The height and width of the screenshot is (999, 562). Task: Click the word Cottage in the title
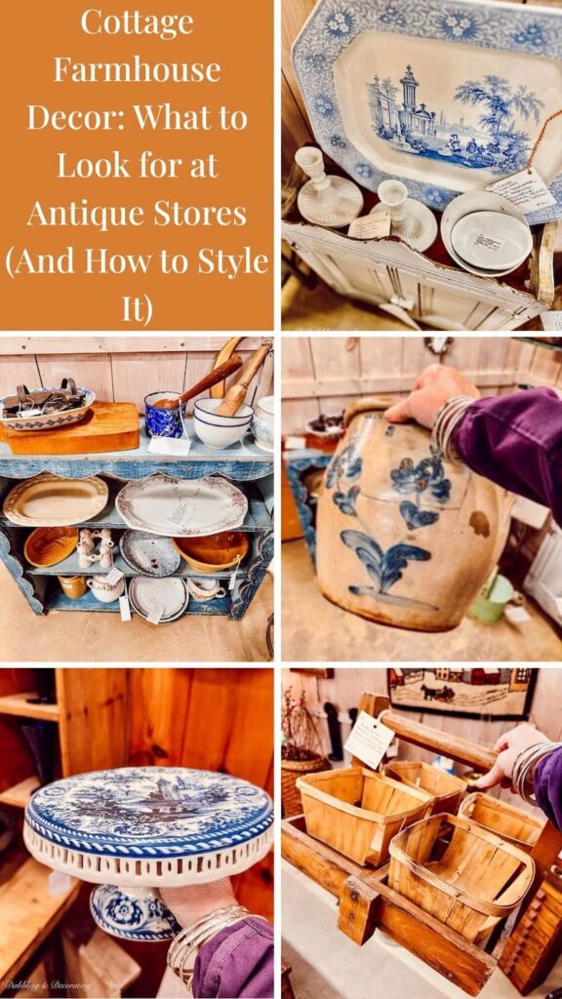[137, 21]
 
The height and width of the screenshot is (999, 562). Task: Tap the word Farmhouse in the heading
[137, 69]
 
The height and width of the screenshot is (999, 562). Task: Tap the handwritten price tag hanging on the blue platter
[521, 189]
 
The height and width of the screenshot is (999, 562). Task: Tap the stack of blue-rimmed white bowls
[221, 423]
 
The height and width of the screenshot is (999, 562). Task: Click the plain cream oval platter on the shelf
[56, 500]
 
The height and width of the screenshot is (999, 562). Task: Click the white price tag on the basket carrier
[370, 739]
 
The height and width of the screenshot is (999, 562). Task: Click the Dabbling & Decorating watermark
[49, 986]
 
